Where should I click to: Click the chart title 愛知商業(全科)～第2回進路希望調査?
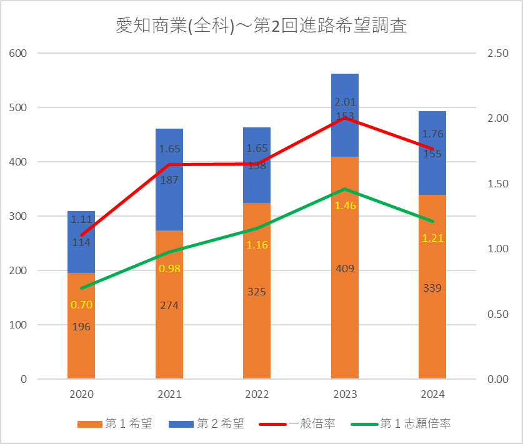tap(261, 26)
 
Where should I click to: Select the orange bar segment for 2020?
tap(81, 350)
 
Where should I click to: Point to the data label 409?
tap(345, 269)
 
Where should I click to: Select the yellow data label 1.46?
tap(345, 205)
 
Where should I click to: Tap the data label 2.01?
tap(345, 102)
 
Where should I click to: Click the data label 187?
tap(169, 180)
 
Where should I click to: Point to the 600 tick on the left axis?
tap(18, 53)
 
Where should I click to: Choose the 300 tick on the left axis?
tap(18, 216)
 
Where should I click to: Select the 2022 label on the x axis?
tap(257, 395)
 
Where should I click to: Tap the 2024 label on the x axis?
tap(432, 395)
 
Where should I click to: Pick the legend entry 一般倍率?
tap(311, 423)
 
